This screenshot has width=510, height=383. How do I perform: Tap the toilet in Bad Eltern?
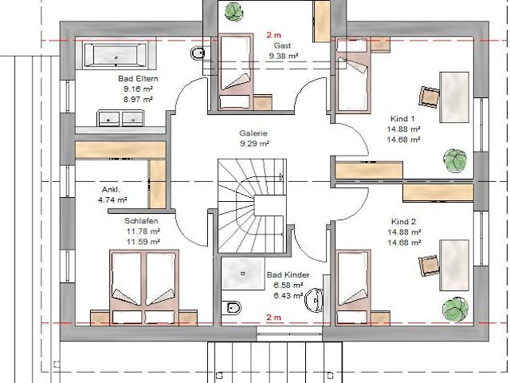[x=198, y=53]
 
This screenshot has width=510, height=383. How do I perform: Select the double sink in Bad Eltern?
[x=119, y=118]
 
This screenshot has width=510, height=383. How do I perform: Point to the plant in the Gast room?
[x=233, y=12]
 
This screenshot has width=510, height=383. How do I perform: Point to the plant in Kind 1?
[x=455, y=159]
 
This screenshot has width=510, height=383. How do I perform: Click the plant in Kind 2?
[x=455, y=306]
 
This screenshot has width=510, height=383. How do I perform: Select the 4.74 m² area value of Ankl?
[x=112, y=200]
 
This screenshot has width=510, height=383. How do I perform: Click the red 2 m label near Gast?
[x=273, y=35]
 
